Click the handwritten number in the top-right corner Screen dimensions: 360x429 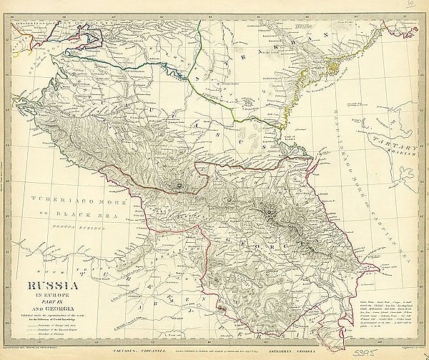(x=410, y=5)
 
